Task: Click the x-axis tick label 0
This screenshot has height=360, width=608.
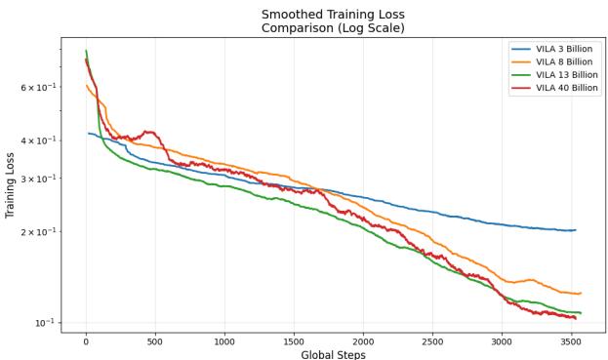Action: (86, 341)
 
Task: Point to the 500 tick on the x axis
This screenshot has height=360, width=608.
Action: (155, 341)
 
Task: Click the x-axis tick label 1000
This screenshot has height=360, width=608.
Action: (224, 341)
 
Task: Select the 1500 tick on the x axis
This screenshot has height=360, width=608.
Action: (294, 341)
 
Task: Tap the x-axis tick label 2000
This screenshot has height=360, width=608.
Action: (363, 341)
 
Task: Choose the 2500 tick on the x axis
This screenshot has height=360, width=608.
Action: (432, 341)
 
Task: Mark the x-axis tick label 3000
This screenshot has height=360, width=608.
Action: (502, 341)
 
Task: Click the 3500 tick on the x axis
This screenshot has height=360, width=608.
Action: (571, 341)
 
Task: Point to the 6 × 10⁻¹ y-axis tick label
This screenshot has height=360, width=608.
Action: (39, 88)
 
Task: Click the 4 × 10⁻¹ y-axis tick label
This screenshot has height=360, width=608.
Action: (39, 140)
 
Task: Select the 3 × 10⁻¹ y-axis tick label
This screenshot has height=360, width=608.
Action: (39, 179)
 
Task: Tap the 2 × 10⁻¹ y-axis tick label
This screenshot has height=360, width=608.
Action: (39, 232)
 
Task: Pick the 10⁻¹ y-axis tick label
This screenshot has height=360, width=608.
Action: (45, 322)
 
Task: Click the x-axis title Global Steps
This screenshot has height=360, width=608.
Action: (333, 354)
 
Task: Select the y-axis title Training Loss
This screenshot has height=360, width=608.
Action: (10, 184)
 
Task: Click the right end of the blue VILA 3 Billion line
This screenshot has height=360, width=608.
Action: (576, 230)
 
